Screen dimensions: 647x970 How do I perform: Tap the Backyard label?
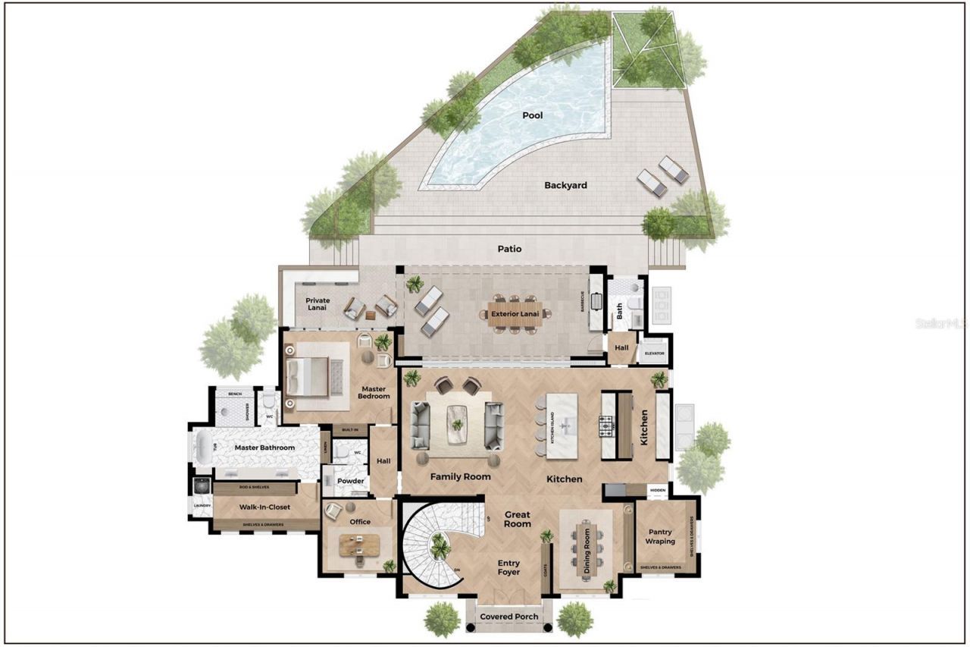[565, 185]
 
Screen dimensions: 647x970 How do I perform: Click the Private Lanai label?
[318, 305]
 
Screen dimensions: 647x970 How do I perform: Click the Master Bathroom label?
[264, 448]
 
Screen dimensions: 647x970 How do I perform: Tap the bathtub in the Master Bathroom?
[202, 448]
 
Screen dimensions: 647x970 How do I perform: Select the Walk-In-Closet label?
[266, 507]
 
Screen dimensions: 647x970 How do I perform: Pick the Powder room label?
[350, 481]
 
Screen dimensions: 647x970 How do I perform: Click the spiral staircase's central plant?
[439, 545]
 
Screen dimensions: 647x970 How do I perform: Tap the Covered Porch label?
[509, 617]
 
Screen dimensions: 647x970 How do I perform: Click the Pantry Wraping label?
[659, 537]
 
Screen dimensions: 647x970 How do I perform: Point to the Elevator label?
[654, 353]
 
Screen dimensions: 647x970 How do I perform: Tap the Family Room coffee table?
[457, 424]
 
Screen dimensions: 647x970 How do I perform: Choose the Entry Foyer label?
[508, 567]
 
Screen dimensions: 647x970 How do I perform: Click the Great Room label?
[518, 519]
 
